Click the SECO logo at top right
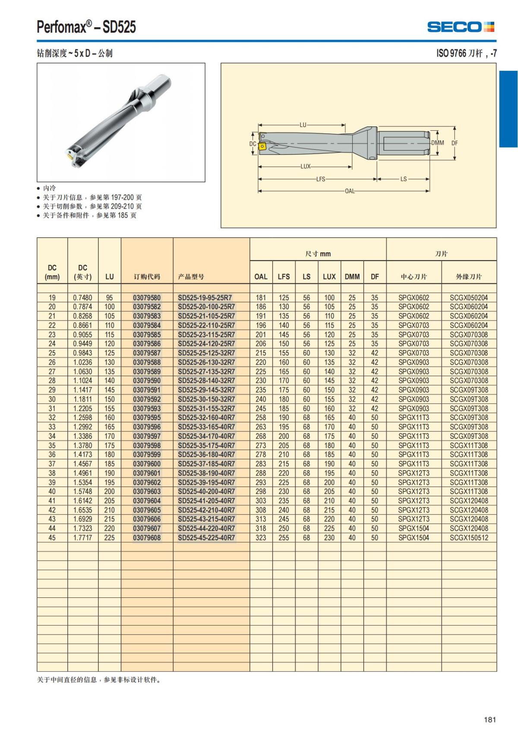(461, 27)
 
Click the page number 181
(490, 719)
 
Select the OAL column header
(261, 277)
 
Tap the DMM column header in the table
(352, 277)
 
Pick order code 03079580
(147, 298)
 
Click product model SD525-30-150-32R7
(206, 399)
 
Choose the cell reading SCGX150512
(469, 538)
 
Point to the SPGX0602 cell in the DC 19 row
(414, 298)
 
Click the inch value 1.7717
(82, 538)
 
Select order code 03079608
(147, 538)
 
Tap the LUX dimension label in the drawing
(306, 167)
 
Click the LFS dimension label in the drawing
(320, 179)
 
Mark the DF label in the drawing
(455, 143)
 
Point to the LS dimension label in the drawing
(404, 179)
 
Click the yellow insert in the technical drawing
(262, 147)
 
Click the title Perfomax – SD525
(86, 27)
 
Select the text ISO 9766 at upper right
(451, 53)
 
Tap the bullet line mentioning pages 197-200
(92, 197)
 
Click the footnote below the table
(99, 680)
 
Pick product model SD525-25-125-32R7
(206, 353)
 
